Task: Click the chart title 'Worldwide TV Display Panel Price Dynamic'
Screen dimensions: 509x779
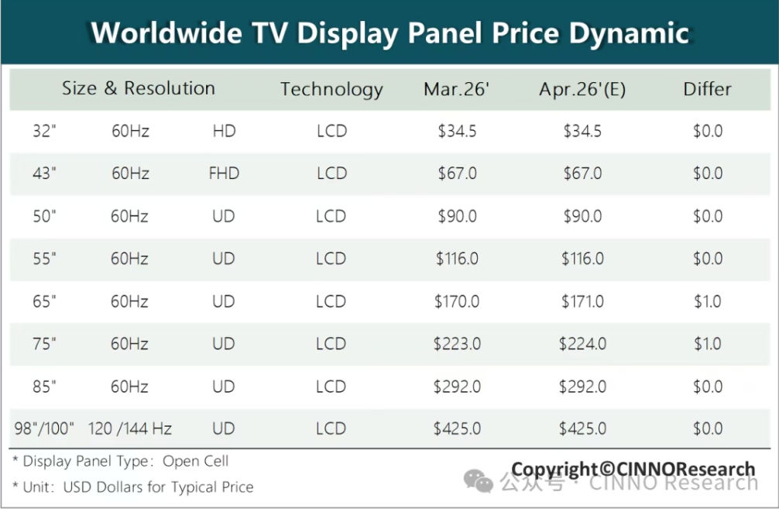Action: point(389,33)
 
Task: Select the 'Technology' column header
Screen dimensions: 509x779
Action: point(331,89)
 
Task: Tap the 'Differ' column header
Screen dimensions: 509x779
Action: point(707,89)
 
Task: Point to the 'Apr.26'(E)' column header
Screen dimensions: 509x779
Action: point(582,89)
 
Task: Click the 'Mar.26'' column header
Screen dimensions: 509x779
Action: point(457,89)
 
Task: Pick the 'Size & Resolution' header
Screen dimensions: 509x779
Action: point(139,88)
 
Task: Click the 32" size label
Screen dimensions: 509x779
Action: point(45,131)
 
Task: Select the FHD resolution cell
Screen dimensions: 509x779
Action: point(224,174)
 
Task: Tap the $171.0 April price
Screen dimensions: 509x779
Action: point(582,301)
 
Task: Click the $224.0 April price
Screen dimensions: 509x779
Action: point(582,344)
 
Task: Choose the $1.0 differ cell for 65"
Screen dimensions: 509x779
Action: point(707,301)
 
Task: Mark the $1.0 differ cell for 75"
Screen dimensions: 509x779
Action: point(707,344)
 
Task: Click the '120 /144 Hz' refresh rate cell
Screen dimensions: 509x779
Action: point(130,428)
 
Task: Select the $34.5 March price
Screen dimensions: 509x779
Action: point(457,131)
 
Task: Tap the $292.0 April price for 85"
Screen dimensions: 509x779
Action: point(582,386)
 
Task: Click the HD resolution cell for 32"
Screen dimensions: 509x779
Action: point(224,131)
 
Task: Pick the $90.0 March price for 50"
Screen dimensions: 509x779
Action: point(457,216)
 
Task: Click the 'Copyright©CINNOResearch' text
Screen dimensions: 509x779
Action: point(633,469)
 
